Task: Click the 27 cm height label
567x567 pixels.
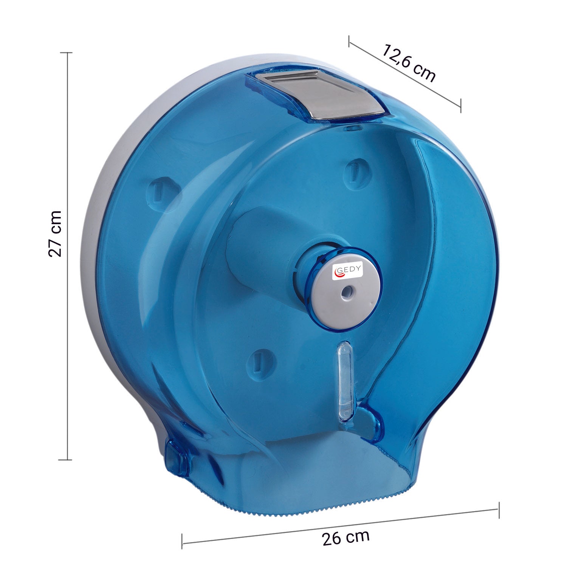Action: (x=56, y=234)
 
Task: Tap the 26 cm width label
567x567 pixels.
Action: (x=345, y=537)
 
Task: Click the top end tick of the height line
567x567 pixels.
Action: (x=67, y=53)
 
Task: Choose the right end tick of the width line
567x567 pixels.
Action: (x=499, y=510)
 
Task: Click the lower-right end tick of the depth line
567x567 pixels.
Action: (x=460, y=105)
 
